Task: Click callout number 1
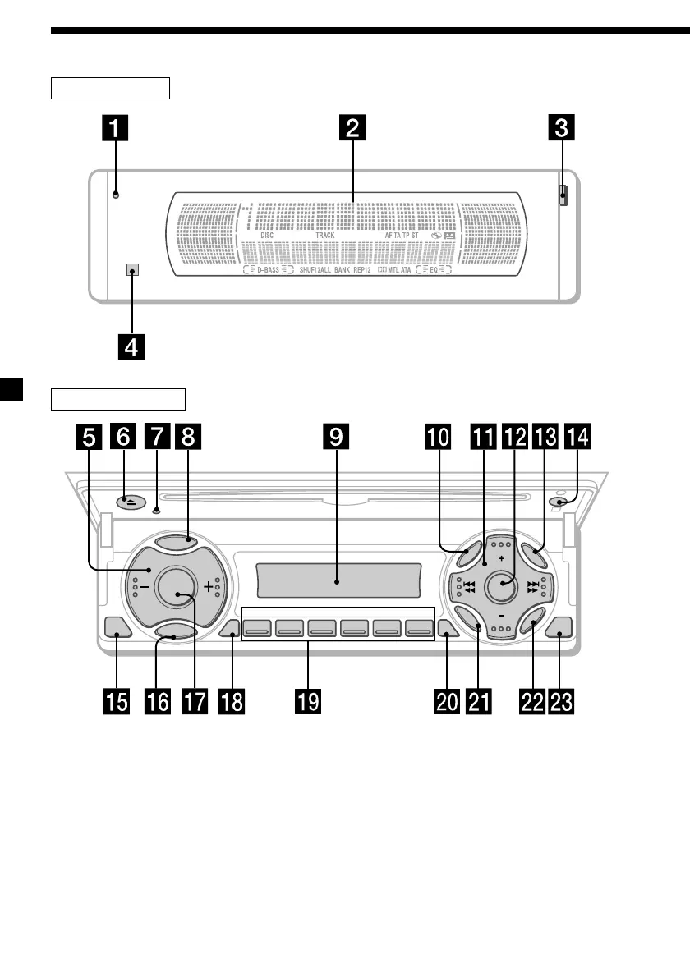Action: click(x=116, y=129)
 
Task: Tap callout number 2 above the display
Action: click(x=352, y=129)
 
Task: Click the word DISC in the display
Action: click(x=267, y=235)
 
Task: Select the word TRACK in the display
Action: click(x=325, y=235)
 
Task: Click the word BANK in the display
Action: click(x=343, y=269)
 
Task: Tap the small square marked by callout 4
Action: click(x=130, y=269)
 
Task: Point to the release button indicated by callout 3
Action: click(x=563, y=195)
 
